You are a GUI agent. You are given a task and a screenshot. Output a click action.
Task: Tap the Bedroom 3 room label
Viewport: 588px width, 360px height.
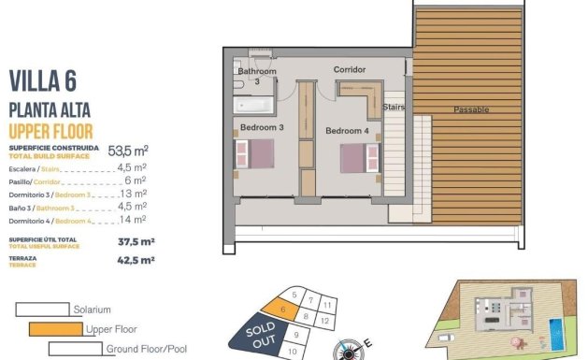click(261, 126)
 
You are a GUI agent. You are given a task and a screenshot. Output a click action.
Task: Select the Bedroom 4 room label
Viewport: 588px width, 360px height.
click(347, 131)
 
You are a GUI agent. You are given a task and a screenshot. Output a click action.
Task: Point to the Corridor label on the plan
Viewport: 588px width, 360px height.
click(349, 70)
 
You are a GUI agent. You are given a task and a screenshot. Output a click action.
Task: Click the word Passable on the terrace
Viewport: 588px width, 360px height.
click(471, 109)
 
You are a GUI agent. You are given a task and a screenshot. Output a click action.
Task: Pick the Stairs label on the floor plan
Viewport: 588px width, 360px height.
click(393, 108)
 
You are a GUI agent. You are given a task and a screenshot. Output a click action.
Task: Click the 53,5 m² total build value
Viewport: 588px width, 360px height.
click(128, 150)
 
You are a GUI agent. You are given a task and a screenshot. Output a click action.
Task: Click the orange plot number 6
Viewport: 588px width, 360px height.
click(281, 310)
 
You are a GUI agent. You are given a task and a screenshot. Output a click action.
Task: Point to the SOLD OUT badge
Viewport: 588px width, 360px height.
click(258, 335)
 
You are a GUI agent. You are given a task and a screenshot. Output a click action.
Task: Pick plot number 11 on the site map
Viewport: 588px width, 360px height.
click(327, 305)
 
